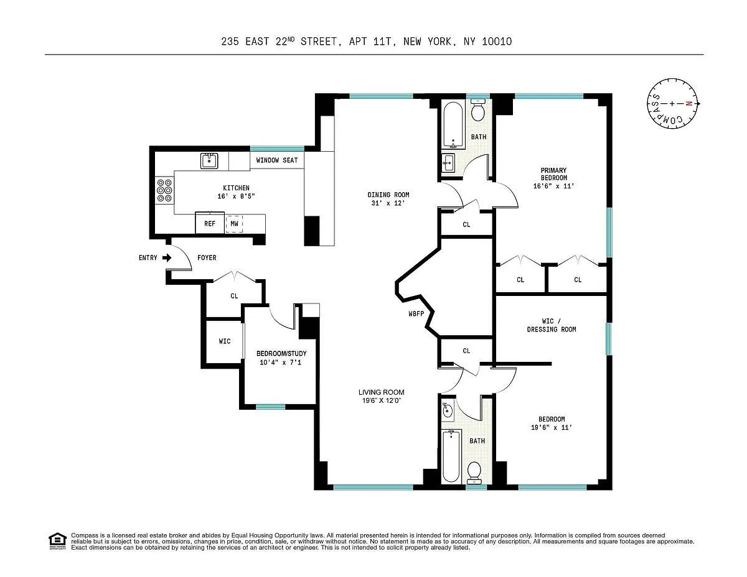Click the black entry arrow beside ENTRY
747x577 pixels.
[x=167, y=257]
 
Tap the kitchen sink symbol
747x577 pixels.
[x=209, y=160]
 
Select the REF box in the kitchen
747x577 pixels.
[x=210, y=223]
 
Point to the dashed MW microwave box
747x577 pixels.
[x=234, y=224]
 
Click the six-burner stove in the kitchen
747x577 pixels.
[x=164, y=190]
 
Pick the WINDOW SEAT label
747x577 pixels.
[x=277, y=160]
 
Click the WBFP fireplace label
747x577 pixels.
[x=416, y=313]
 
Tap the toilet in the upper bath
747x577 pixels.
[x=477, y=109]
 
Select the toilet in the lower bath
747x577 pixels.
[x=474, y=472]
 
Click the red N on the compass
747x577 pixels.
[x=688, y=103]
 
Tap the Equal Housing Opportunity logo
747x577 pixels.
[x=57, y=542]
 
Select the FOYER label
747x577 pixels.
[x=207, y=257]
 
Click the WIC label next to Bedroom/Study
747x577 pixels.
[x=225, y=341]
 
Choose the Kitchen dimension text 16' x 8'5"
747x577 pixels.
[x=236, y=196]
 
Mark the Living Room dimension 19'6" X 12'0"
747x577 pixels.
[x=381, y=400]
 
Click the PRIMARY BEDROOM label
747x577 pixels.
[x=553, y=173]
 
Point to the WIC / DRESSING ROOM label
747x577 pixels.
[x=552, y=325]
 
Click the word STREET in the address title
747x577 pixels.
[x=319, y=42]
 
